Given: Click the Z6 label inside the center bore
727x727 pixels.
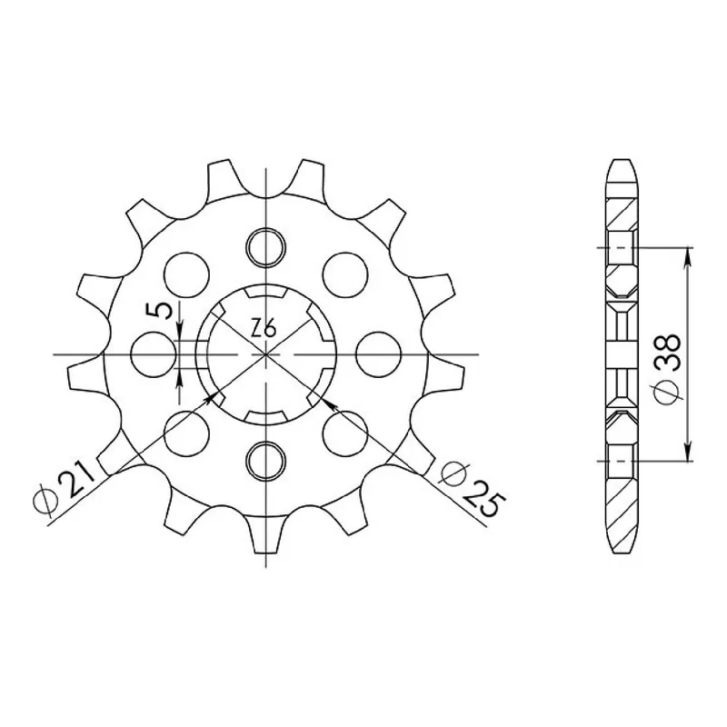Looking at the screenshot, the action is tap(264, 330).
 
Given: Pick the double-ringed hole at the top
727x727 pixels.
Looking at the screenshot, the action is tap(265, 247).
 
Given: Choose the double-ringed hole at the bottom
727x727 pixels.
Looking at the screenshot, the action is tap(265, 462).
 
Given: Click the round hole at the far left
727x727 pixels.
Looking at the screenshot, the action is tap(154, 354).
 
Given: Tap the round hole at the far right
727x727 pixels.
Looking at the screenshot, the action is tap(378, 354).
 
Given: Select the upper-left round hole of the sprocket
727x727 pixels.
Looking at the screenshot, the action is tap(186, 274).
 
